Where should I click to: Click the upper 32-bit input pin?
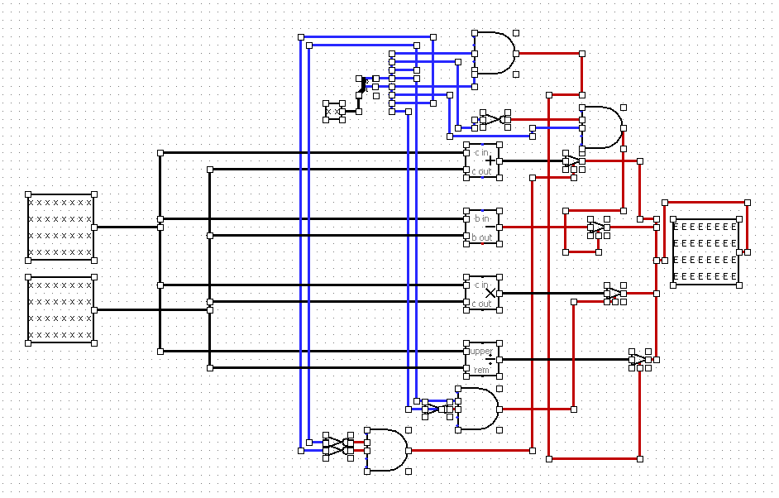(60, 227)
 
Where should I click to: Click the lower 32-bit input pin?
(60, 309)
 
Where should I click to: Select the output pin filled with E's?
(705, 251)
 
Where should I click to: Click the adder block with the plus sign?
(483, 160)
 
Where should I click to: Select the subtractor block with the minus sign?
(483, 227)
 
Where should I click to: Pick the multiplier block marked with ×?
(483, 293)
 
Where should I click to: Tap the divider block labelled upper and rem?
(483, 359)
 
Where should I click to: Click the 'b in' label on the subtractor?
(480, 219)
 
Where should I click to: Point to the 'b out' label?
(481, 237)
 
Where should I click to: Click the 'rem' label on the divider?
(481, 370)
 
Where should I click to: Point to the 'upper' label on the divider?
(481, 352)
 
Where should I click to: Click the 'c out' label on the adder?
(481, 171)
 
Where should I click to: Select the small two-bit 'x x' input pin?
(335, 111)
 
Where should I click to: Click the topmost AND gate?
(494, 53)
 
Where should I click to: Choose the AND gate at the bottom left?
(386, 450)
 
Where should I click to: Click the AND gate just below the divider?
(478, 409)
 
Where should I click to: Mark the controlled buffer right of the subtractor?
(596, 227)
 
